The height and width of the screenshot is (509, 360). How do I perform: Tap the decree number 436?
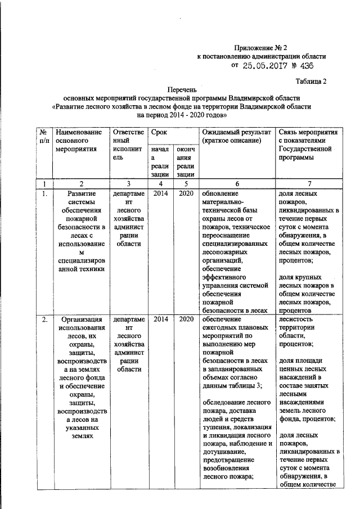pos(306,66)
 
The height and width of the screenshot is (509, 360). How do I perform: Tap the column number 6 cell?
pos(237,184)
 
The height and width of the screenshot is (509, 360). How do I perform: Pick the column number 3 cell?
pos(129,184)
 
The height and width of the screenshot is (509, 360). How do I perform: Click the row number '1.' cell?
pos(44,193)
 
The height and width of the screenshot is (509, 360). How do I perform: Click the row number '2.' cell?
pos(44,319)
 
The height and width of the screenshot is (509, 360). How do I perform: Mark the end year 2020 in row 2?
pos(185,319)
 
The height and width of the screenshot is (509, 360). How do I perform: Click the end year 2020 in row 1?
pos(185,193)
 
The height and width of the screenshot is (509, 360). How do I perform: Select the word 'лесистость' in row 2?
pos(296,319)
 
